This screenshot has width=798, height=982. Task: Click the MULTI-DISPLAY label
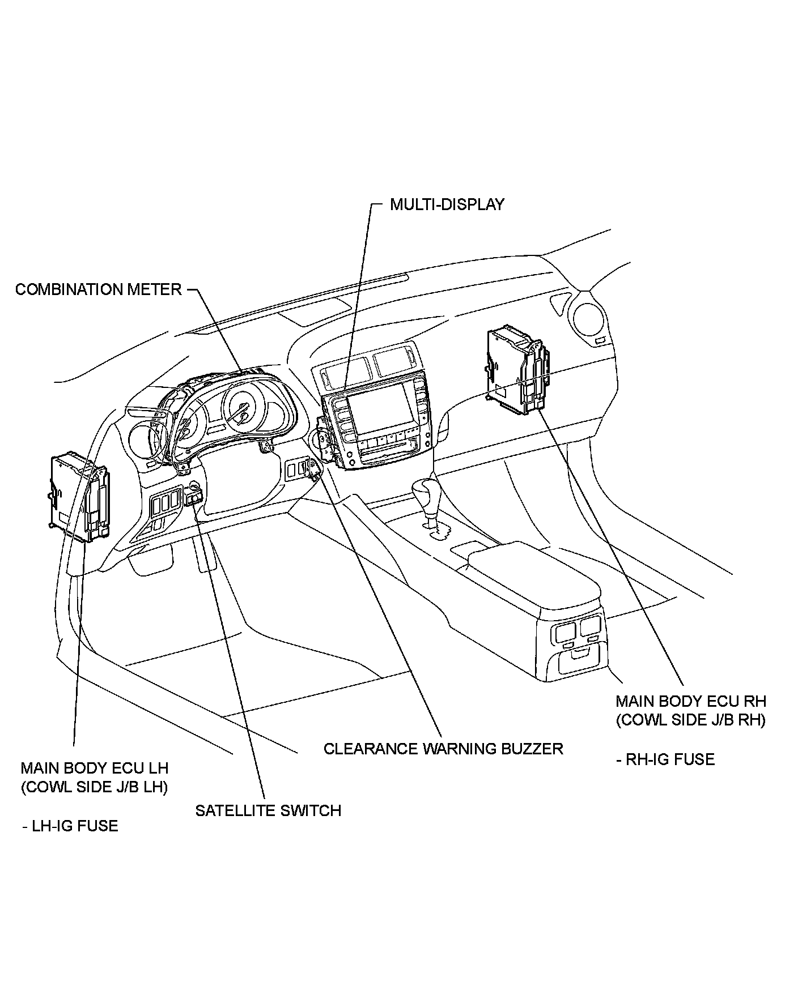(447, 204)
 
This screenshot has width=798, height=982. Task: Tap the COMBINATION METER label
(98, 289)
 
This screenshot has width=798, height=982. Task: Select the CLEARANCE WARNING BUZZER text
(443, 749)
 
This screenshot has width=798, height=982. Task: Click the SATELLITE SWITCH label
(268, 810)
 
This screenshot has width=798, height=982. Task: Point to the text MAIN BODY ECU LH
(95, 768)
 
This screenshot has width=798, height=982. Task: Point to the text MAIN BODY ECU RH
(691, 701)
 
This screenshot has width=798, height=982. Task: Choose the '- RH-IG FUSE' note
(665, 759)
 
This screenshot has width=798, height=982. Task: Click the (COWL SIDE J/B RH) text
(691, 720)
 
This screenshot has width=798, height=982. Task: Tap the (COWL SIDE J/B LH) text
(95, 787)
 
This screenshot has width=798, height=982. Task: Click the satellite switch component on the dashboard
(194, 497)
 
